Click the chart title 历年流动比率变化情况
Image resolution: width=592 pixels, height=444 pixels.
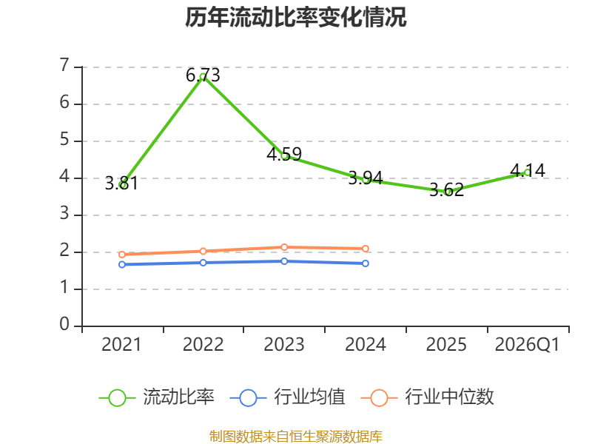(x=295, y=17)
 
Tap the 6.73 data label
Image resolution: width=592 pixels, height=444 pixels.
(x=203, y=75)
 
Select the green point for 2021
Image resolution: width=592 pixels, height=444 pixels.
(x=122, y=185)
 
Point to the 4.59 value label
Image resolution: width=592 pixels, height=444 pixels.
(x=284, y=154)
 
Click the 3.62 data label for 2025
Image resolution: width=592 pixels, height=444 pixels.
(x=447, y=189)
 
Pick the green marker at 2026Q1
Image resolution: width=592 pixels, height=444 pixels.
(x=528, y=172)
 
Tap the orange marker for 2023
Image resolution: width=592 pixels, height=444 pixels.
(x=284, y=247)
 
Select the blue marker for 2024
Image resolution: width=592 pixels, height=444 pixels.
(x=366, y=263)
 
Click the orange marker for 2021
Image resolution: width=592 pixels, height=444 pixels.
(x=122, y=255)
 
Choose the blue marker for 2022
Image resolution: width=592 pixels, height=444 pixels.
(x=203, y=263)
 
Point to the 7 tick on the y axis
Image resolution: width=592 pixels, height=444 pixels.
(x=64, y=66)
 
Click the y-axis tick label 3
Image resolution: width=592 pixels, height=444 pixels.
(x=64, y=214)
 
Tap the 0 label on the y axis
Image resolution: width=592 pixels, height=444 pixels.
(x=64, y=325)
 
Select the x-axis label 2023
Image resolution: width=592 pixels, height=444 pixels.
(x=284, y=345)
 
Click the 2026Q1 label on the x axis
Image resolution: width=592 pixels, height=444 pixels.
(x=527, y=345)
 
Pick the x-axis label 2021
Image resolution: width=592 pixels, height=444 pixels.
(x=121, y=345)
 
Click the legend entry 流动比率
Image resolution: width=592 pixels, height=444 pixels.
(x=156, y=397)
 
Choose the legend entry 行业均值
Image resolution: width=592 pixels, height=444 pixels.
(x=287, y=397)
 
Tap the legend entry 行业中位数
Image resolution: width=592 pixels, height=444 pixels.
(x=428, y=397)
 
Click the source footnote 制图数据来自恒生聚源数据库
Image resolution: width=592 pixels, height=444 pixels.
(x=296, y=437)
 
